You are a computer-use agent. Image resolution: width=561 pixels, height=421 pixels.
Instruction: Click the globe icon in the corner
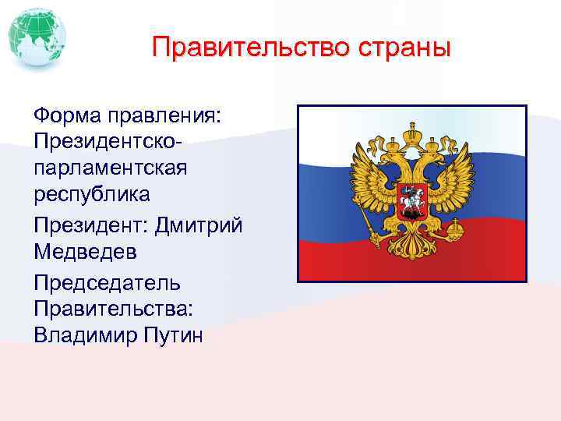pyautogui.click(x=37, y=37)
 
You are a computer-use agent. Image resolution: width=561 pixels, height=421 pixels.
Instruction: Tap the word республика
pyautogui.click(x=92, y=193)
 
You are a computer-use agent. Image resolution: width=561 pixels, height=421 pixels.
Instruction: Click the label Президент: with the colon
pyautogui.click(x=91, y=225)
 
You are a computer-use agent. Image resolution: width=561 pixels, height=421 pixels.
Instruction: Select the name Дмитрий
pyautogui.click(x=199, y=225)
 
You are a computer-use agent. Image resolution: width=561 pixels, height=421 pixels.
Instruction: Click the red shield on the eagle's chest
pyautogui.click(x=412, y=196)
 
